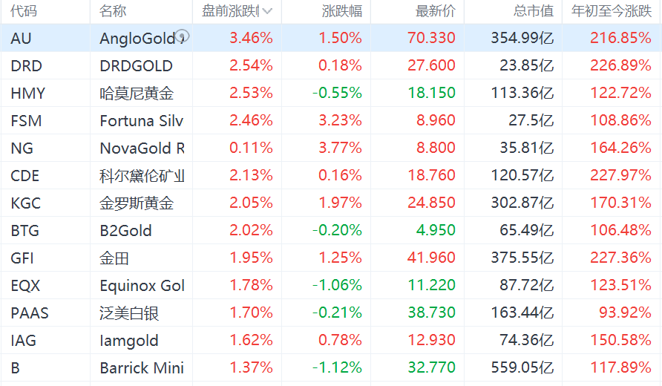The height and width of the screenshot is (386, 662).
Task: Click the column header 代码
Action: pos(24,11)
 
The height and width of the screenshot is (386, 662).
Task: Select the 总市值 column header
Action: pos(534,11)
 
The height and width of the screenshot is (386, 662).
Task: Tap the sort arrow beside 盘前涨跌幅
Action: pos(267,11)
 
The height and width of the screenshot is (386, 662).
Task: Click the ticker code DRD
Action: pos(27,66)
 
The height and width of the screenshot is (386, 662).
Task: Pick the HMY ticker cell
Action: pos(28,94)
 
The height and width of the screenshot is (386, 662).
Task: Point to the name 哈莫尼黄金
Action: pos(137,94)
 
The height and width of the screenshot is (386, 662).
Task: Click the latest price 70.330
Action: pos(431,39)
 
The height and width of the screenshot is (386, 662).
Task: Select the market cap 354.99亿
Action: pos(522,39)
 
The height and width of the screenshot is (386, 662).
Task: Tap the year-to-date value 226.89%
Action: pos(620,66)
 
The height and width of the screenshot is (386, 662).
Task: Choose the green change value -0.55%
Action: pos(337,94)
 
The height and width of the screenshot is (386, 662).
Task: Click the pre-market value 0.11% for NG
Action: pos(251,148)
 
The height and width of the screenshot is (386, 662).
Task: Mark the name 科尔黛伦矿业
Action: pos(142,176)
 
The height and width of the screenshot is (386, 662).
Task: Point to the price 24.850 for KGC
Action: pos(431,203)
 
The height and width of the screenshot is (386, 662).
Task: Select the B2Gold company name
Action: pos(125,231)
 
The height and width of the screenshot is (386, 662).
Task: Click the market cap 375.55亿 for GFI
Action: pos(522,258)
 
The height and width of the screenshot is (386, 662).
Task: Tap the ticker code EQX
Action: pos(26,286)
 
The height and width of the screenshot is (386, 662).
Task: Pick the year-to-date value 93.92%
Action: pos(625,313)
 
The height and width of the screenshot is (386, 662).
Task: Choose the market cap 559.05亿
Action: pos(522,368)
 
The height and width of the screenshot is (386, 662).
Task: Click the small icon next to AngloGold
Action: pos(183,36)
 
